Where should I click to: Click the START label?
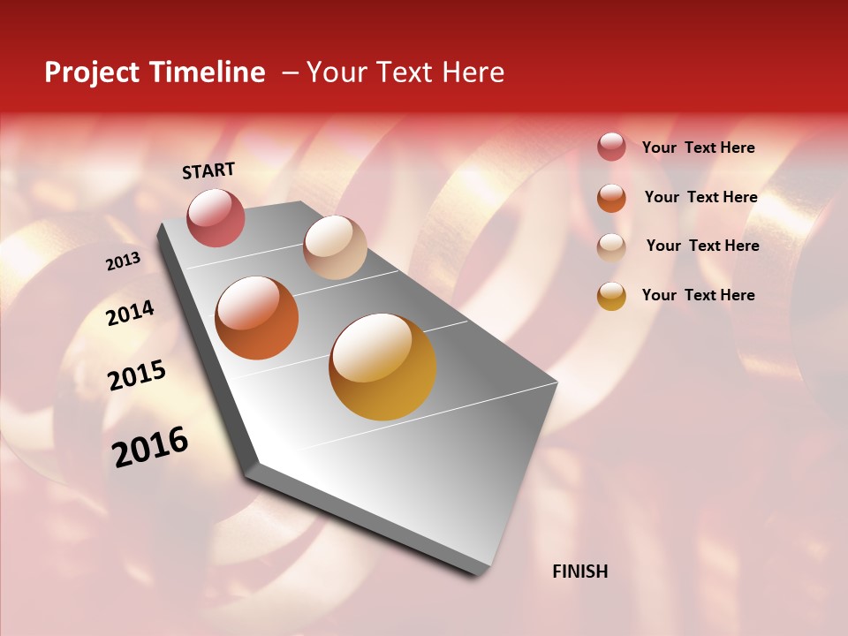click(208, 170)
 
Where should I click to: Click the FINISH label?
click(579, 572)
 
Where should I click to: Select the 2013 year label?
click(123, 261)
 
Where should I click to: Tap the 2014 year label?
click(130, 313)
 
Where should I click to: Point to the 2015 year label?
click(136, 375)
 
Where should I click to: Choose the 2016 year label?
click(150, 446)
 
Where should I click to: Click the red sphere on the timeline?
click(216, 217)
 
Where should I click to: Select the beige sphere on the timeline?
click(335, 247)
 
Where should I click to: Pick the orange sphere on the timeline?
click(257, 318)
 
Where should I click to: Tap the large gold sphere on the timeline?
click(382, 367)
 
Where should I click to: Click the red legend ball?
click(611, 148)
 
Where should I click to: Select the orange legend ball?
click(611, 198)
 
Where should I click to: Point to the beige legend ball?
click(611, 247)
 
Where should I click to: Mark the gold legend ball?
click(611, 296)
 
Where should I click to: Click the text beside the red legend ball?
click(698, 148)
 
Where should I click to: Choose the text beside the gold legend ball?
click(698, 295)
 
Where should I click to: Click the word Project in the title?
click(93, 72)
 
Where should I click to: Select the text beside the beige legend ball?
click(702, 246)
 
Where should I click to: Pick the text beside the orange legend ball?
click(700, 197)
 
